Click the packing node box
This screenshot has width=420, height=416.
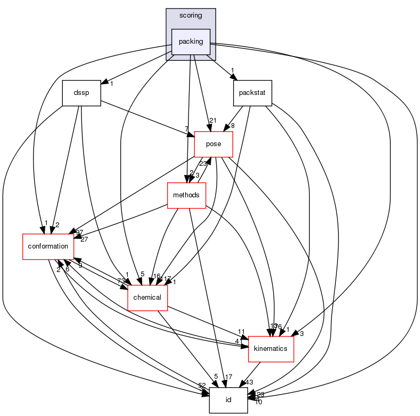[191, 42]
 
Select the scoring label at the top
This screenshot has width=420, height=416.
[191, 15]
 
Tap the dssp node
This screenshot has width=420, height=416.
[81, 93]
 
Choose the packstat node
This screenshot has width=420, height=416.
[252, 93]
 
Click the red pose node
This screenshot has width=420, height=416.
[214, 144]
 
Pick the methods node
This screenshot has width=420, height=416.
[186, 195]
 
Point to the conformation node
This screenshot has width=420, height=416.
[48, 246]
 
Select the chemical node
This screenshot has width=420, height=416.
[147, 297]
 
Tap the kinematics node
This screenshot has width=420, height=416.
[271, 348]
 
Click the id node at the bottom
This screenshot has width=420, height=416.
[228, 400]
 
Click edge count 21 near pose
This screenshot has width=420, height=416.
[213, 121]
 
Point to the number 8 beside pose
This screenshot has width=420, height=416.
[233, 126]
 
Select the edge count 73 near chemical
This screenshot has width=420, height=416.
[121, 281]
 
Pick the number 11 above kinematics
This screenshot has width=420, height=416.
[241, 331]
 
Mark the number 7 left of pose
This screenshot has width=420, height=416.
[186, 130]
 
